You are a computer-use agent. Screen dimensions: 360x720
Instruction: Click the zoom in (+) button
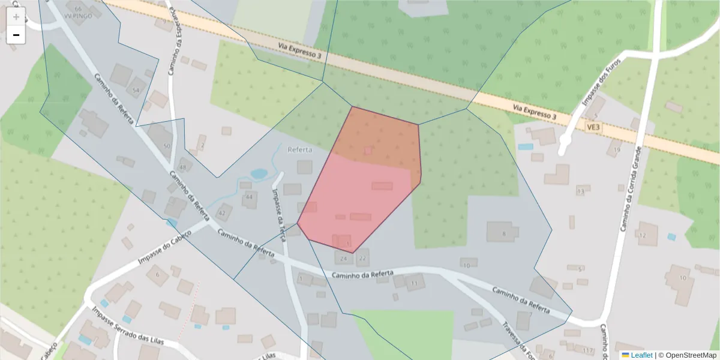pyautogui.click(x=16, y=16)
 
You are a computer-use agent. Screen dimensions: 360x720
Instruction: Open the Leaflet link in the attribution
pyautogui.click(x=641, y=355)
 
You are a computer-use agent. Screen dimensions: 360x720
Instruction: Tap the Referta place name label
pyautogui.click(x=300, y=149)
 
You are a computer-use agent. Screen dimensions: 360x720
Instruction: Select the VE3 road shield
pyautogui.click(x=593, y=127)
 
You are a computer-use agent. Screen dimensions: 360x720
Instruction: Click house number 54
pyautogui.click(x=136, y=91)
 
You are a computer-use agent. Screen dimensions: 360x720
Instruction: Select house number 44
pyautogui.click(x=249, y=197)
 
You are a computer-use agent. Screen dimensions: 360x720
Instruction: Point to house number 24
pyautogui.click(x=343, y=259)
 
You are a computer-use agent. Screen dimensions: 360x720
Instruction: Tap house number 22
pyautogui.click(x=362, y=259)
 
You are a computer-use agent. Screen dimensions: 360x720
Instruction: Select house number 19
pyautogui.click(x=616, y=150)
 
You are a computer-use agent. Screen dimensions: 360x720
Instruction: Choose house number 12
pyautogui.click(x=643, y=235)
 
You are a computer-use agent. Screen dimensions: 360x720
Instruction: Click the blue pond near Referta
pyautogui.click(x=259, y=174)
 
